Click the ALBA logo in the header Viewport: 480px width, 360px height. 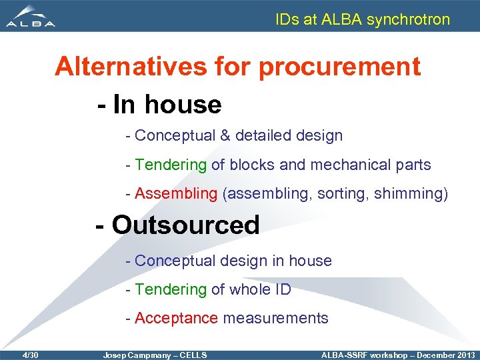coord(31,16)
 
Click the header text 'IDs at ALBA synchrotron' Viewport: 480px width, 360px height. coord(363,19)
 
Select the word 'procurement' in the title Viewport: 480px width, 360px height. coord(339,67)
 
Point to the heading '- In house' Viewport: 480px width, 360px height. coord(159,105)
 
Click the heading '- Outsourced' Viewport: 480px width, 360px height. coord(178,225)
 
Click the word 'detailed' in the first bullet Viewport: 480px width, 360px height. coord(264,135)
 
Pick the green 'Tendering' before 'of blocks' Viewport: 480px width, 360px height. coord(171,165)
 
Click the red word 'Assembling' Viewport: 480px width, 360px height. coord(176,194)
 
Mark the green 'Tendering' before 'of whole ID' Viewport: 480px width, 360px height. coord(171,289)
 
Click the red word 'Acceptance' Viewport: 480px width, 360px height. coord(176,318)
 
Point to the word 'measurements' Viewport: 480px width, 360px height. coord(275,318)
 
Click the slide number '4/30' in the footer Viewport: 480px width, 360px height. coord(29,355)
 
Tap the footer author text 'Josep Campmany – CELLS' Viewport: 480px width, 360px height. coord(155,355)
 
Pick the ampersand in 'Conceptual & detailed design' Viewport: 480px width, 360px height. coord(225,135)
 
